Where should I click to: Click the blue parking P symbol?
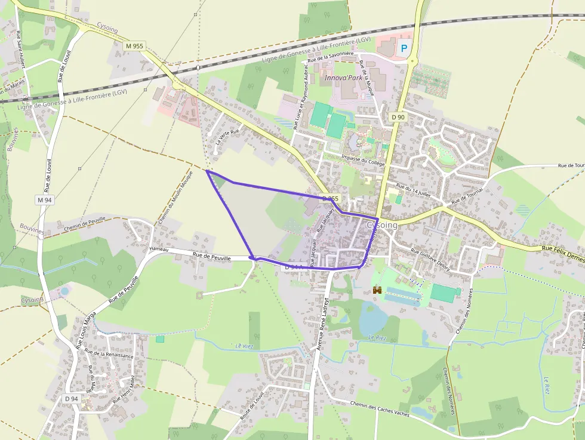coord(404,48)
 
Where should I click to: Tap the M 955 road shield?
coord(135,46)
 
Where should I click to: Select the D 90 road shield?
coord(399,117)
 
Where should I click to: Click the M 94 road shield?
coord(45,201)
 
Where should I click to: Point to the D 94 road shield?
coord(71,399)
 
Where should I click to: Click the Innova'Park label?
coord(343,78)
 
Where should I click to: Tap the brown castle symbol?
coord(377,290)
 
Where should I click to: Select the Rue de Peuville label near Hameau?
coord(210,255)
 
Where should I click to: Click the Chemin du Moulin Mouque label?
coord(176,198)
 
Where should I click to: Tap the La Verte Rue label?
coord(227,138)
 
